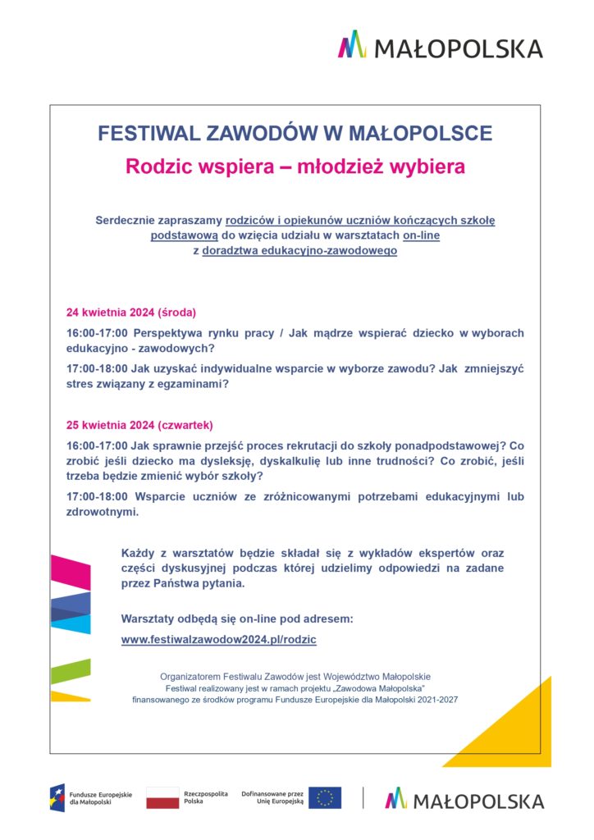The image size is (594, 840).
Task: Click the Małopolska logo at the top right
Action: pos(441,46)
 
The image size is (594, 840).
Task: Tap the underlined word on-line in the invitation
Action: pos(421,235)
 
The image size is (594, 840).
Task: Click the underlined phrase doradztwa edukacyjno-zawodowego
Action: pos(299,251)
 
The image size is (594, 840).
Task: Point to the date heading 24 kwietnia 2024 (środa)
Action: pos(131,313)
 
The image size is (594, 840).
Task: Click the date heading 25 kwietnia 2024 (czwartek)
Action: pos(139,425)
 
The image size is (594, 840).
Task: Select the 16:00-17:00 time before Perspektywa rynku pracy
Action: pos(97,333)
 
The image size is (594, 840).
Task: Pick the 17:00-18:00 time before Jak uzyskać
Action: pos(97,369)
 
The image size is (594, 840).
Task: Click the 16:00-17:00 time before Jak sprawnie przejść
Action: pos(97,445)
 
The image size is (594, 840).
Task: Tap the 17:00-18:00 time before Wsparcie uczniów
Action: pos(97,497)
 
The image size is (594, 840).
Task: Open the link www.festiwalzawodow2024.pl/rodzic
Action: pos(218,639)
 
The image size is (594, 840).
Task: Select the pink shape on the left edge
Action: pos(70,572)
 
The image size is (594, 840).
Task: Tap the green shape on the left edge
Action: pos(70,671)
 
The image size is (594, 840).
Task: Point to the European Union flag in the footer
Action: pos(326,797)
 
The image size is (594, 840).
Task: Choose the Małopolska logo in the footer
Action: pos(464,799)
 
